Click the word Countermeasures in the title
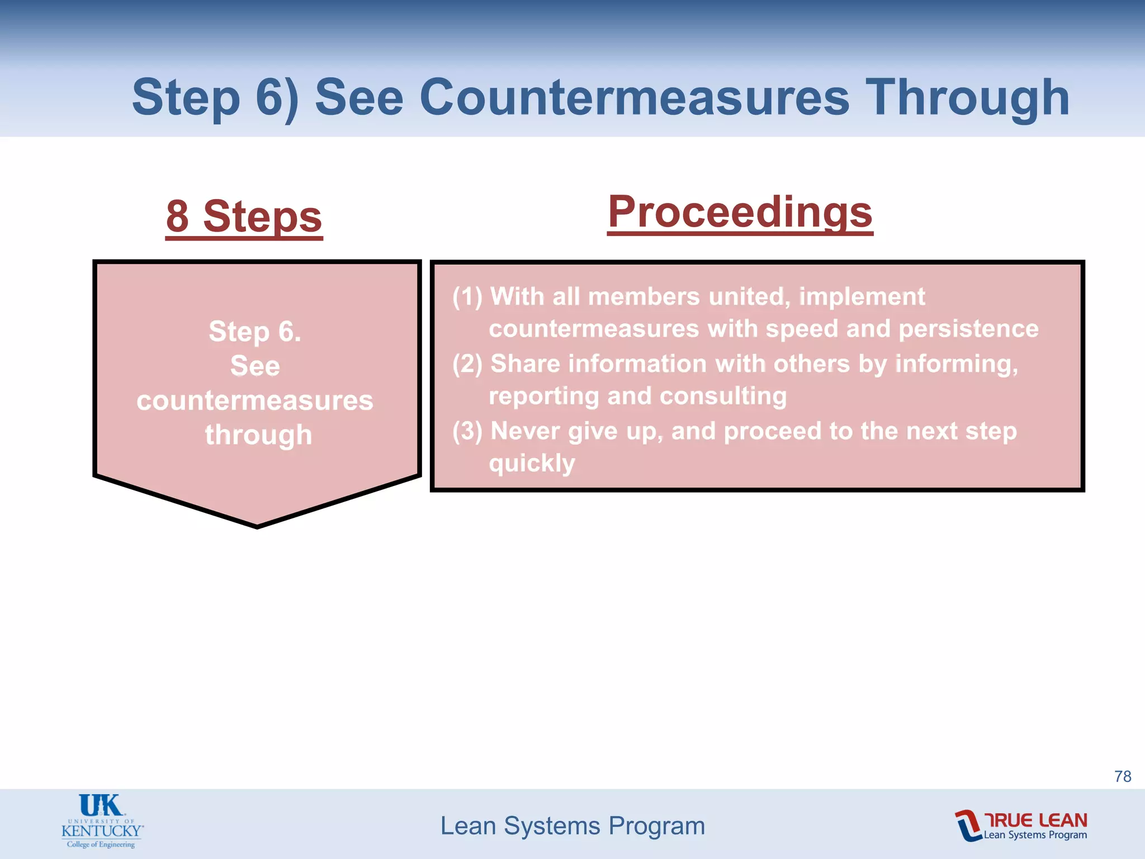point(634,98)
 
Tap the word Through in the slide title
point(967,98)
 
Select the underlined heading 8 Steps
point(244,217)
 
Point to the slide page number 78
point(1122,776)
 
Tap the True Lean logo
point(1020,825)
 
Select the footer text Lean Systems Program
point(572,826)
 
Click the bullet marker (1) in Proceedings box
point(467,297)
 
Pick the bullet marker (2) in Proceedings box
point(467,364)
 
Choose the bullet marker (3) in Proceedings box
point(467,431)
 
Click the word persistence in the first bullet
point(968,329)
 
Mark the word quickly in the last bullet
point(532,464)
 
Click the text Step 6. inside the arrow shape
point(255,332)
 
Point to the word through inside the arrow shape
point(258,435)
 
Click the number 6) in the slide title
point(277,98)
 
